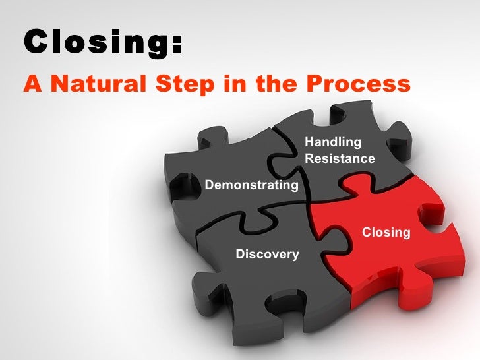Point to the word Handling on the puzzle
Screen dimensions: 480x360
tap(333, 142)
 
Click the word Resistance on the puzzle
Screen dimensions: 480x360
tap(340, 159)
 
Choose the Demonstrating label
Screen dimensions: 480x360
tap(252, 185)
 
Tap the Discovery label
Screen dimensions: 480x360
tap(267, 255)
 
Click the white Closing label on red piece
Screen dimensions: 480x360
tap(386, 233)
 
